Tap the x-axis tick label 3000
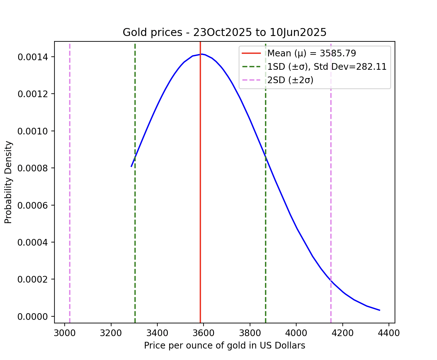coord(65,333)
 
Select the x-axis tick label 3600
coord(204,333)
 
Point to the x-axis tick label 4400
coord(389,333)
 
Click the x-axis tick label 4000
coord(296,333)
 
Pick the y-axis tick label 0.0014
coord(33,57)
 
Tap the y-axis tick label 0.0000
coord(33,317)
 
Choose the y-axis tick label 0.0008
coord(33,168)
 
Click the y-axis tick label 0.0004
coord(33,242)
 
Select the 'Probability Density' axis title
coord(9,182)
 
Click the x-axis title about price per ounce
coord(225,346)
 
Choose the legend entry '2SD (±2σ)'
coord(290,80)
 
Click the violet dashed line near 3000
coord(70,191)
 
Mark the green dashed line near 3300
coord(135,223)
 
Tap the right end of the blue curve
coord(380,310)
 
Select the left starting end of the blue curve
coord(131,166)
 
